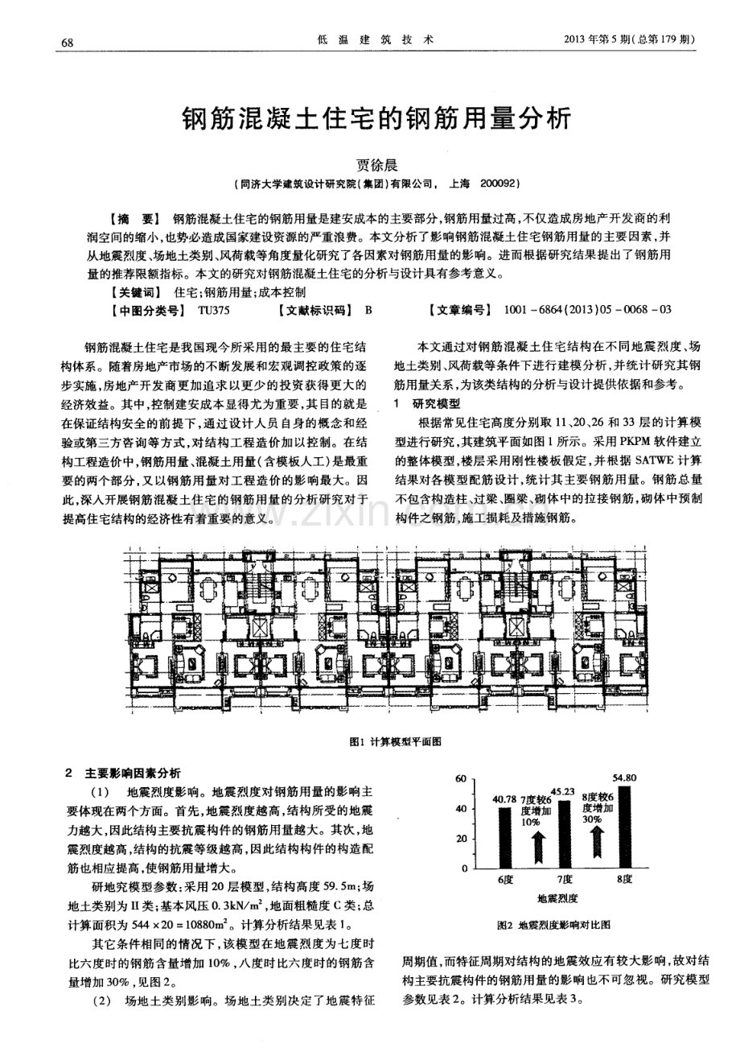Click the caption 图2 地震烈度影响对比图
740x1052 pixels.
[x=554, y=926]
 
